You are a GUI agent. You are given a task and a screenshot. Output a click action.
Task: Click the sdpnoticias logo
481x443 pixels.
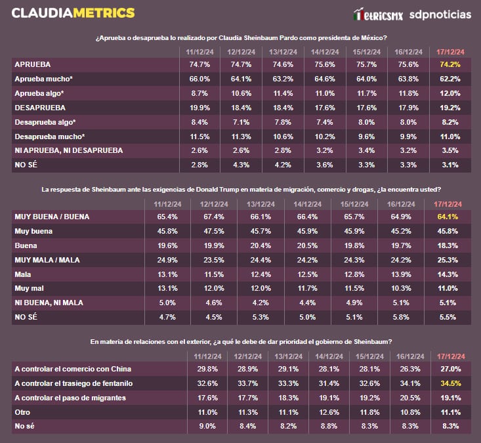pyautogui.click(x=440, y=14)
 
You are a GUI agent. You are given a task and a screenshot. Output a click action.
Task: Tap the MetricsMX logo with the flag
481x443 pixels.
pyautogui.click(x=377, y=14)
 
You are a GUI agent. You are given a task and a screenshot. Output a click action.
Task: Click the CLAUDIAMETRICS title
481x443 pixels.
pyautogui.click(x=73, y=13)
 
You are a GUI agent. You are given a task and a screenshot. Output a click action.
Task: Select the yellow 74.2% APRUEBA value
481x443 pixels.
pyautogui.click(x=451, y=65)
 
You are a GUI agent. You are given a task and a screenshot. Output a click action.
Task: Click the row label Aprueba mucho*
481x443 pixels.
pyautogui.click(x=44, y=79)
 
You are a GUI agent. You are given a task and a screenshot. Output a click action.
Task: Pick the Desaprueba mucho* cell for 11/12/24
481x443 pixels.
pyautogui.click(x=199, y=137)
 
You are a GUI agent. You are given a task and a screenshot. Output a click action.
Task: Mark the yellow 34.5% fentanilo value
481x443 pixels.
pyautogui.click(x=451, y=383)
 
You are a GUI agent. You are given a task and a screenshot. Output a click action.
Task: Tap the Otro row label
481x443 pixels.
pyautogui.click(x=23, y=412)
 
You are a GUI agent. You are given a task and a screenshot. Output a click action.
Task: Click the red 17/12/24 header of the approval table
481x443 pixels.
pyautogui.click(x=451, y=51)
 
